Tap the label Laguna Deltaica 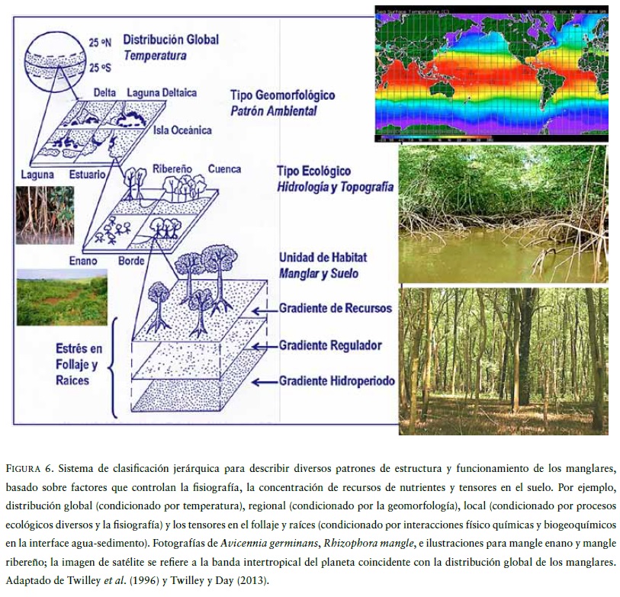162,93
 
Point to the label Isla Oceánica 184,130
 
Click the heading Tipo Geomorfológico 282,96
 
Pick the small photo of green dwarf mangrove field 62,297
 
